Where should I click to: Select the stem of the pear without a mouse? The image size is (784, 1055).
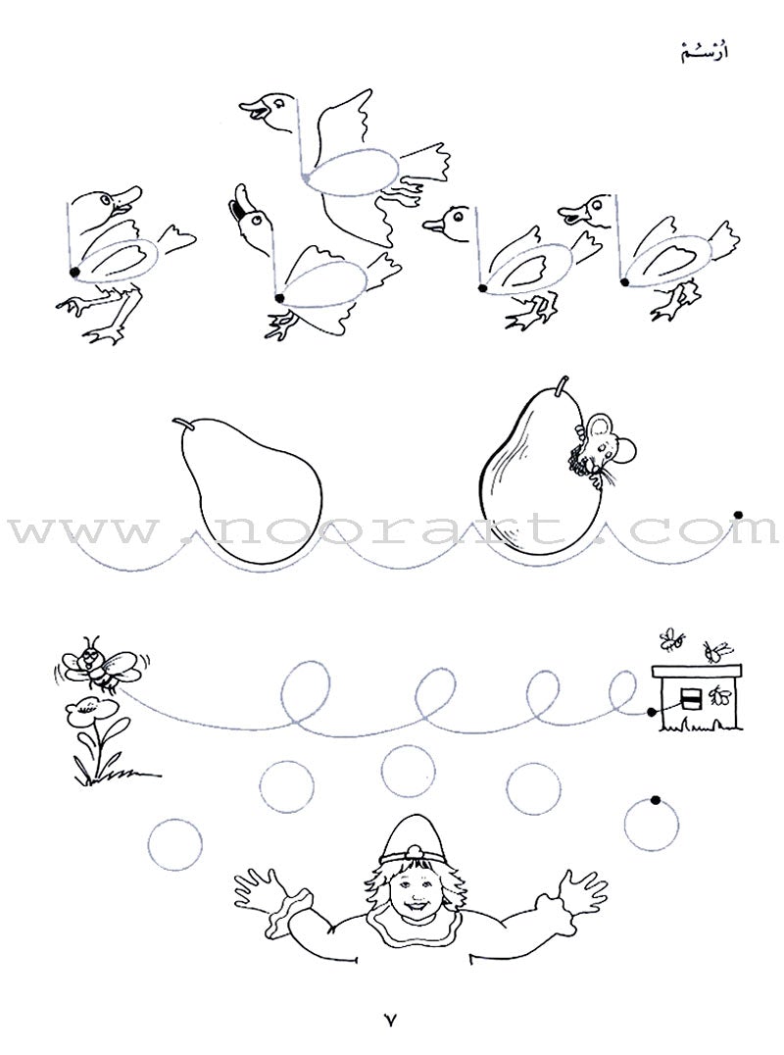tap(182, 423)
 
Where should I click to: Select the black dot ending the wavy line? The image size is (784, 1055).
tap(738, 513)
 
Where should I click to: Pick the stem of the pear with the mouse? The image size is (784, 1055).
tap(563, 385)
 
